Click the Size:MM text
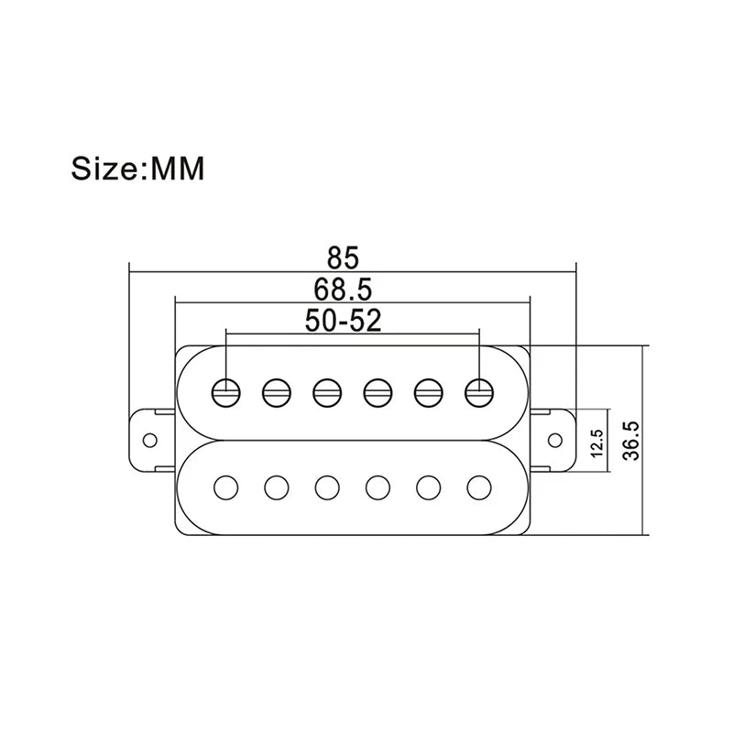(137, 169)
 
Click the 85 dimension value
(343, 257)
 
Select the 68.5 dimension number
(343, 290)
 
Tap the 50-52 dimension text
(343, 320)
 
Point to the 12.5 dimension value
(597, 443)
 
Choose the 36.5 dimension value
(631, 441)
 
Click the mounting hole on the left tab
(150, 441)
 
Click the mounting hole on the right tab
(555, 440)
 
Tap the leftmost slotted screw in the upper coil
(226, 393)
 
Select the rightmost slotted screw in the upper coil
(479, 392)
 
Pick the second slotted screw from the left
(277, 393)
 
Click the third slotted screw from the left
(327, 393)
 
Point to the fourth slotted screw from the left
(377, 393)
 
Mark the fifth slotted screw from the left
(428, 393)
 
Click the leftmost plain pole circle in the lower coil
(226, 487)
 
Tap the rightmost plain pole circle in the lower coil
(479, 487)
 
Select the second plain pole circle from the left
(277, 487)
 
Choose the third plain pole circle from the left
(327, 487)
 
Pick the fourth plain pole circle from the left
(377, 487)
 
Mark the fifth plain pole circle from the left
(428, 487)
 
